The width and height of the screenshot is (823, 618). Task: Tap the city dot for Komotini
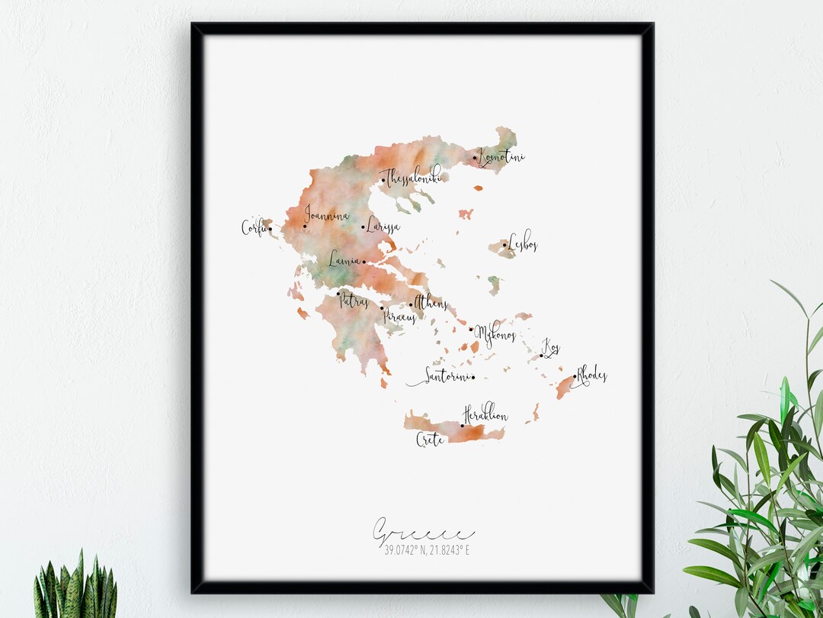tap(475, 159)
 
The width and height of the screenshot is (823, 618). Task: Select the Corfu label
tap(254, 227)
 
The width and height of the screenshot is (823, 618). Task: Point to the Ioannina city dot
tap(305, 226)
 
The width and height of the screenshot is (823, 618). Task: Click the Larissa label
tap(383, 226)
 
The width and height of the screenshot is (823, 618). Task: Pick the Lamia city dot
tap(363, 262)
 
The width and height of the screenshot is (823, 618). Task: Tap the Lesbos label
tap(523, 243)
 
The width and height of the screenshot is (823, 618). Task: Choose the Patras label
tap(354, 301)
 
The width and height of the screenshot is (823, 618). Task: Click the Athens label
tap(431, 304)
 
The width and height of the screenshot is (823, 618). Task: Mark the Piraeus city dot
tap(382, 308)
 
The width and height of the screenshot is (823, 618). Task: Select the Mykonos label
tap(495, 335)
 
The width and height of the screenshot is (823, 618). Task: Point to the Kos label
tap(551, 349)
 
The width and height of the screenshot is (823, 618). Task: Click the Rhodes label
tap(591, 375)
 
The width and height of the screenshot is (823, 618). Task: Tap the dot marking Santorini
tap(472, 377)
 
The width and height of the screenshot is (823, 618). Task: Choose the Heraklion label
tap(485, 414)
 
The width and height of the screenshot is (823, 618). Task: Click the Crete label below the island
tap(430, 439)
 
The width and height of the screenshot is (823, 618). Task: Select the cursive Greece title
tap(422, 531)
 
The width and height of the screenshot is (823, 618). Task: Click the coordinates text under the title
tap(422, 549)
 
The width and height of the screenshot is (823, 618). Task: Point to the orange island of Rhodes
tap(565, 388)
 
